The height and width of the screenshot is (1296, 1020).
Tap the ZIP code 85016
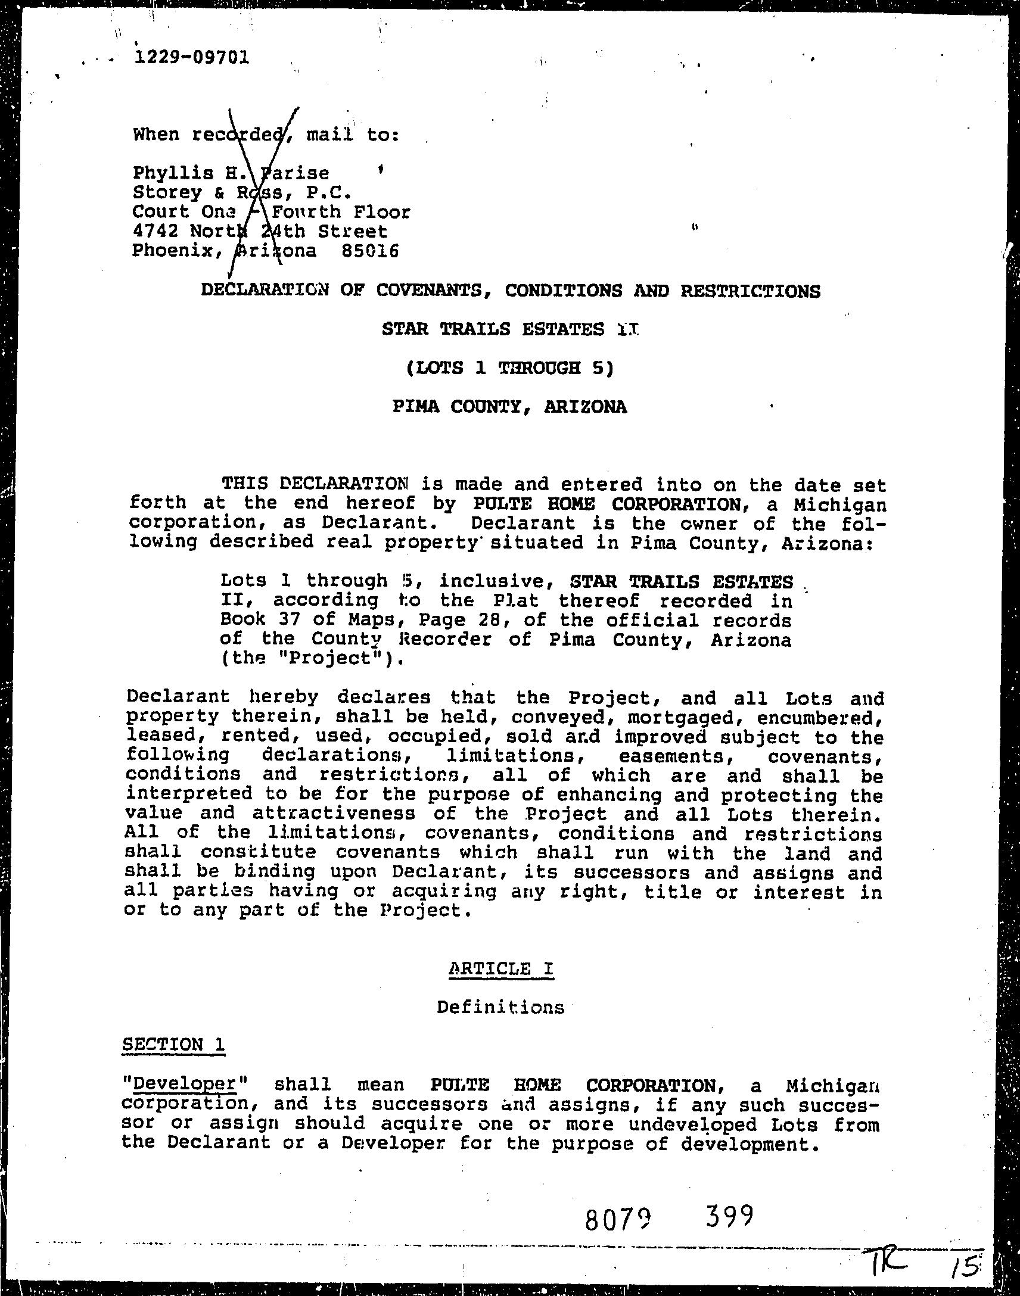coord(369,251)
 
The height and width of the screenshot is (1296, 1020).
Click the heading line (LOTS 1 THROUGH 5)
coord(509,367)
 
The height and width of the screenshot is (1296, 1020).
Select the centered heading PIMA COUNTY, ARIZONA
coord(509,407)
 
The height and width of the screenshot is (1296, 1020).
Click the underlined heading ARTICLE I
coord(500,968)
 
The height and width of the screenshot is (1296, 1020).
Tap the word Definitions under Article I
coord(500,1008)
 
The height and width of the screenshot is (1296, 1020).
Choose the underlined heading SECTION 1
coord(173,1044)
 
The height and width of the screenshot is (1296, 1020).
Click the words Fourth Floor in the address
coord(341,212)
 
